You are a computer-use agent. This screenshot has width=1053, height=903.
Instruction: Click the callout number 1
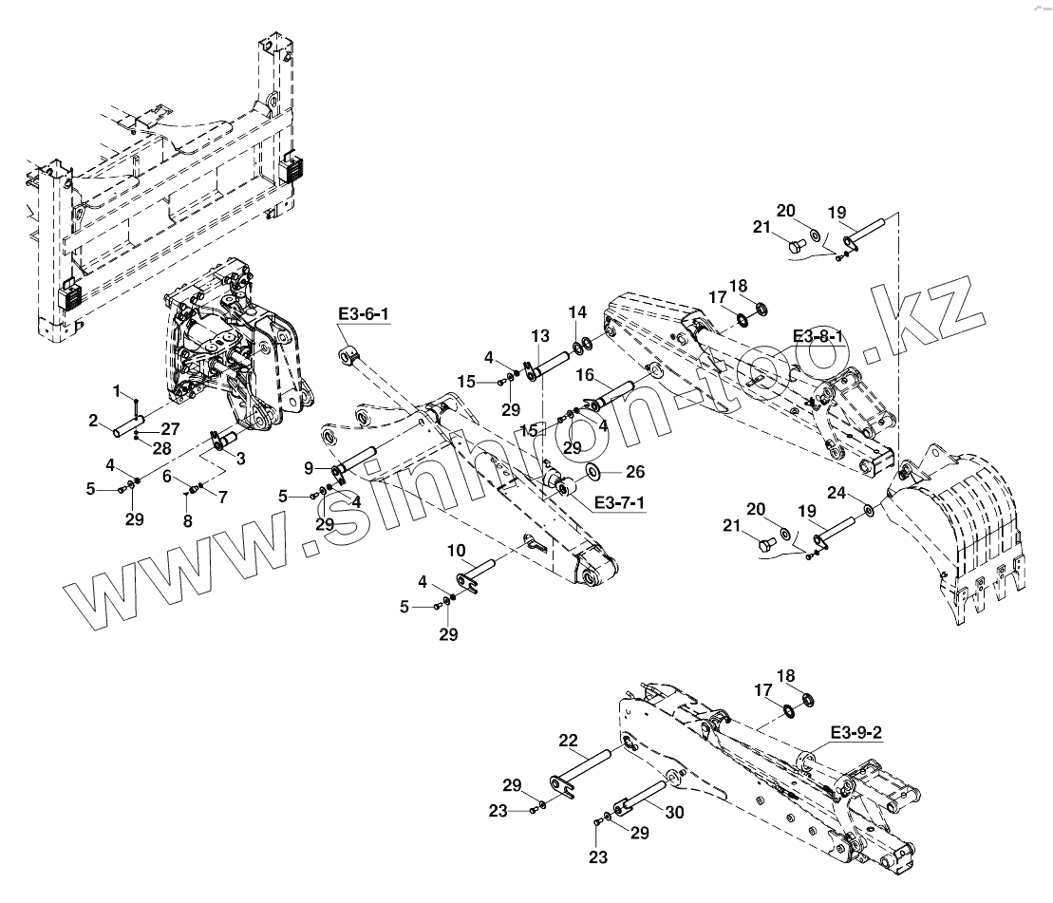pos(118,391)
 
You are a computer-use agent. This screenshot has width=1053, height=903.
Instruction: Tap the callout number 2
pos(95,420)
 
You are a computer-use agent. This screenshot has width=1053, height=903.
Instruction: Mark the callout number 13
pos(539,335)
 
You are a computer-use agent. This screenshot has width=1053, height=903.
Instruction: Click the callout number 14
pos(577,312)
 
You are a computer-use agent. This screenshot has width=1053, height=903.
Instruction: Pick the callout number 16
pos(585,376)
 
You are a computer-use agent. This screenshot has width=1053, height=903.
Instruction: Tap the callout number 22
pos(568,740)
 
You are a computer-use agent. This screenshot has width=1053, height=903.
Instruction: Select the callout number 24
pos(836,493)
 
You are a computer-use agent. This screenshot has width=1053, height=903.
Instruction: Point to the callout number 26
pos(635,471)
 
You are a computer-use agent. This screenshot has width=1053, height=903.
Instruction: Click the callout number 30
pos(674,813)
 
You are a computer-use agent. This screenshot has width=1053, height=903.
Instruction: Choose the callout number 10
pos(457,551)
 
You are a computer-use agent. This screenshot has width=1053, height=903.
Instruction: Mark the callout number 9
pos(309,467)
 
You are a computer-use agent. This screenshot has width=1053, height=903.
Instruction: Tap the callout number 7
pos(223,497)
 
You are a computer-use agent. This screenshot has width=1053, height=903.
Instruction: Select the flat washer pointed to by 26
pos(592,471)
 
